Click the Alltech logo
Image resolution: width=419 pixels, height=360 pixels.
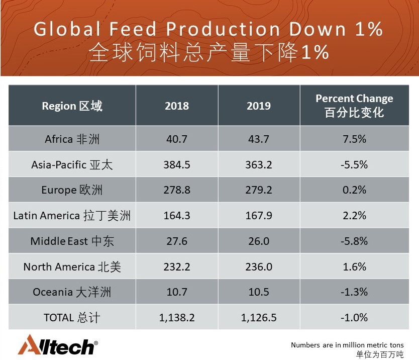pos(57,345)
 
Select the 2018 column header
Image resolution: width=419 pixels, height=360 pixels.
pos(177,106)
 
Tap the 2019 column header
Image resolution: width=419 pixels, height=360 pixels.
pos(259,106)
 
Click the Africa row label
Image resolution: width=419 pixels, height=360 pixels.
pos(72,139)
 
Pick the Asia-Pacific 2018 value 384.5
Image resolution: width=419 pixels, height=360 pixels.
pos(177,165)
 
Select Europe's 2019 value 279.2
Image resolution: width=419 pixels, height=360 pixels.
pos(259,190)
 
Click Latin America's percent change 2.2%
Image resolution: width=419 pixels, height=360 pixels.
pos(354,216)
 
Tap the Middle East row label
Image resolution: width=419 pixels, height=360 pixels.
pos(72,241)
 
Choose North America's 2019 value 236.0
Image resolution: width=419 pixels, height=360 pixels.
pos(259,267)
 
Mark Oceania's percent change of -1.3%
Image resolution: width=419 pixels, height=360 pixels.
pos(354,292)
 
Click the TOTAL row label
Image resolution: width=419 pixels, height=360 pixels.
pos(72,318)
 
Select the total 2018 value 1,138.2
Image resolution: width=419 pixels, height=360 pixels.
pos(177,318)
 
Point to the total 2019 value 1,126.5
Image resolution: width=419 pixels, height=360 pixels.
pos(259,318)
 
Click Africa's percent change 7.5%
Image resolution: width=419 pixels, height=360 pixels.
pos(354,139)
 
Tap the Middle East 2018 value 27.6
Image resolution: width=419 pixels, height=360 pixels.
pos(177,241)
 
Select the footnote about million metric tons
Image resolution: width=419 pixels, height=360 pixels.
pos(347,345)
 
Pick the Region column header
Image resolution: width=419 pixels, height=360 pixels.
pos(72,106)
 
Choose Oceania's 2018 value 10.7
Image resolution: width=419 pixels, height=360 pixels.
pos(177,292)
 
